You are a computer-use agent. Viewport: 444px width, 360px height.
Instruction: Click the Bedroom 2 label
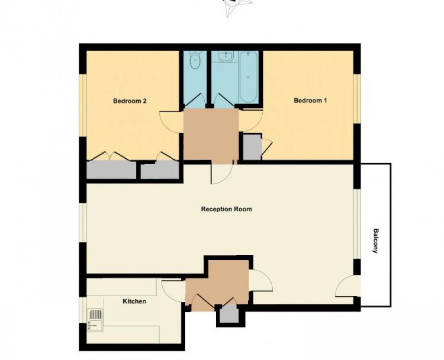pyautogui.click(x=130, y=101)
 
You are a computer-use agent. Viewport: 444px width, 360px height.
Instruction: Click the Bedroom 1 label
pyautogui.click(x=310, y=101)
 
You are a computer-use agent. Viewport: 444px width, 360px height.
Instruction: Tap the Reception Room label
pyautogui.click(x=227, y=209)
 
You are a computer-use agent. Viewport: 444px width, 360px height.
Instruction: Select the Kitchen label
pyautogui.click(x=135, y=301)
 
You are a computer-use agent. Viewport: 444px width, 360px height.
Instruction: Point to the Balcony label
pyautogui.click(x=375, y=240)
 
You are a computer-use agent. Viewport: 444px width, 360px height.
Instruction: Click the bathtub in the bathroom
pyautogui.click(x=249, y=78)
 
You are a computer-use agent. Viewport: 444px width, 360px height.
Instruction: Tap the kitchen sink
pyautogui.click(x=95, y=318)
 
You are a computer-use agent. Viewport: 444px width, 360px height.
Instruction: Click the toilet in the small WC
pyautogui.click(x=195, y=61)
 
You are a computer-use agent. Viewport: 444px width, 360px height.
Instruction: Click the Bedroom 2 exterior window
pyautogui.click(x=83, y=104)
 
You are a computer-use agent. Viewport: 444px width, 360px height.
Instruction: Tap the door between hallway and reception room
pyautogui.click(x=222, y=173)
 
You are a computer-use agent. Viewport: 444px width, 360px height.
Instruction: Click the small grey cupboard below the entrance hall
pyautogui.click(x=229, y=314)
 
